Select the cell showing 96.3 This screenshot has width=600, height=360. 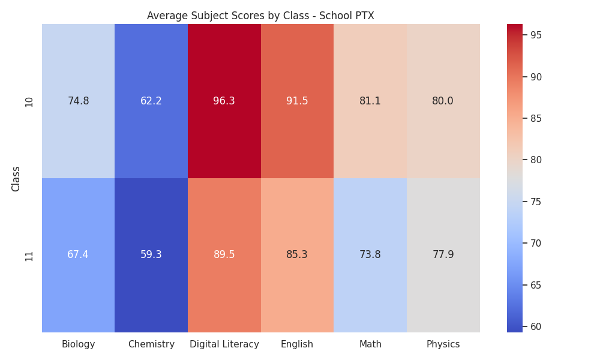click(x=224, y=101)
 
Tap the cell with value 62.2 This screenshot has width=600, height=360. click(x=151, y=101)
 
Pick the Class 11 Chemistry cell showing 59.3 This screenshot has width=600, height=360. click(x=151, y=255)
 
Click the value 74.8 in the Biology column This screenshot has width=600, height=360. click(x=79, y=101)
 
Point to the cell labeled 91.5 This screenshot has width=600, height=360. click(x=298, y=101)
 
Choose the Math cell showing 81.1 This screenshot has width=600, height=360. click(x=370, y=101)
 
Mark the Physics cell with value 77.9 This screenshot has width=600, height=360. click(x=443, y=255)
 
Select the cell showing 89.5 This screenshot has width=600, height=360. click(x=224, y=255)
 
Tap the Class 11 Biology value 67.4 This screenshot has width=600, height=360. click(x=78, y=254)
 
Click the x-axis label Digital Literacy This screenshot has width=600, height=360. click(x=224, y=344)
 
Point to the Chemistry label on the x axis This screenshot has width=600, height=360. click(x=151, y=344)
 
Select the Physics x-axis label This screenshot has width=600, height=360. click(x=443, y=344)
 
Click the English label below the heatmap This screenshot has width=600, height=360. click(x=297, y=344)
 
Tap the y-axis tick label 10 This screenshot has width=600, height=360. click(x=29, y=102)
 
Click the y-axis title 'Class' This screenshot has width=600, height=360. click(x=16, y=179)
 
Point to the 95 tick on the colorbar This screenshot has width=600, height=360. click(x=536, y=35)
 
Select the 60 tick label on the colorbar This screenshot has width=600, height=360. click(x=536, y=327)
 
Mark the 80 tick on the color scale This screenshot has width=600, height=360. click(x=536, y=160)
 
